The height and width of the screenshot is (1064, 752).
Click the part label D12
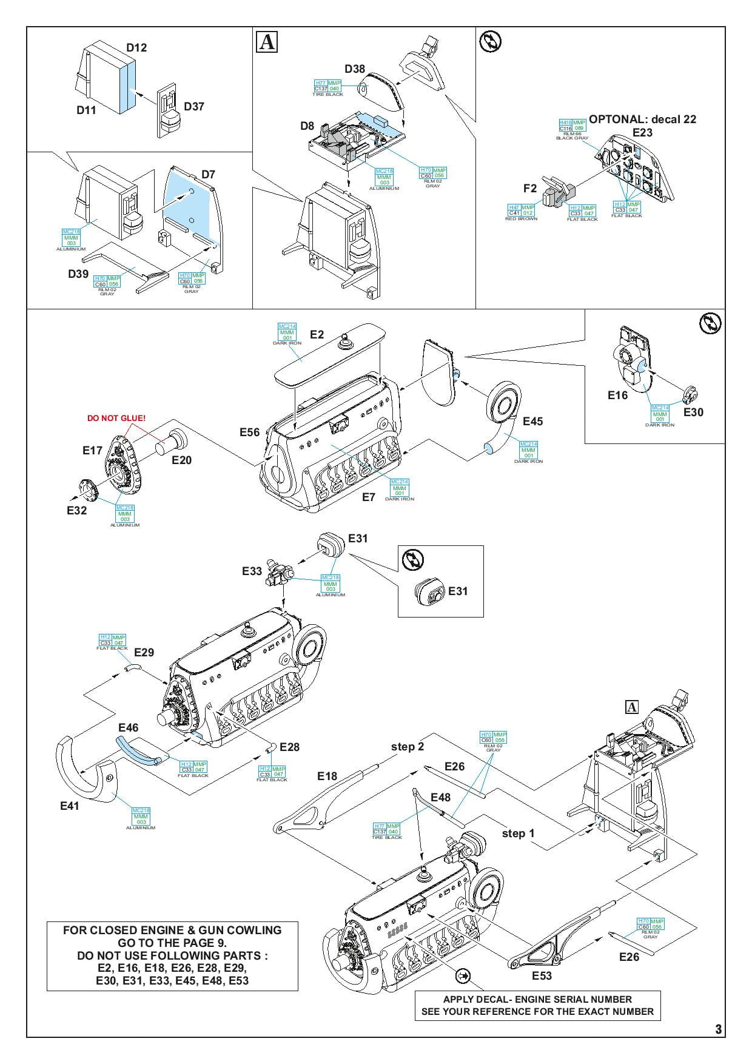pyautogui.click(x=136, y=47)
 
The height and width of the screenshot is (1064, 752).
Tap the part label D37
pyautogui.click(x=194, y=106)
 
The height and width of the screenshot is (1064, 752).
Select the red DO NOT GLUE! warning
pyautogui.click(x=116, y=419)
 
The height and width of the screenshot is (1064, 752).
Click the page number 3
pyautogui.click(x=719, y=1029)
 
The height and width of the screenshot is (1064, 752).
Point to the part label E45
pyautogui.click(x=532, y=421)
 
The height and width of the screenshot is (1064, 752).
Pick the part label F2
pyautogui.click(x=530, y=188)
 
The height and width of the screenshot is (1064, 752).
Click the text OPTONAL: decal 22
pyautogui.click(x=643, y=119)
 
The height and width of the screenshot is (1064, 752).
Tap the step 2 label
pyautogui.click(x=408, y=746)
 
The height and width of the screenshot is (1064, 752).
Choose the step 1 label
pyautogui.click(x=519, y=833)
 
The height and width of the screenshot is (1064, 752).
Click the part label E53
pyautogui.click(x=542, y=975)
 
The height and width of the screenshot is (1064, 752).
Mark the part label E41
pyautogui.click(x=70, y=806)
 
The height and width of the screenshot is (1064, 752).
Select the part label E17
pyautogui.click(x=93, y=450)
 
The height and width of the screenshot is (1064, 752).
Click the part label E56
pyautogui.click(x=249, y=432)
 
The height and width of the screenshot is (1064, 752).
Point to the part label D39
pyautogui.click(x=78, y=274)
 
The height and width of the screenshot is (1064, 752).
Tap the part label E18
pyautogui.click(x=327, y=776)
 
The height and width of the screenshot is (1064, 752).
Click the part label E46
pyautogui.click(x=129, y=727)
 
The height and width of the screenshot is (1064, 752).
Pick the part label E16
pyautogui.click(x=618, y=395)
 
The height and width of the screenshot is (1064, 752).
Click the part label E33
pyautogui.click(x=252, y=571)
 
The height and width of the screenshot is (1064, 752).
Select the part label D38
pyautogui.click(x=355, y=69)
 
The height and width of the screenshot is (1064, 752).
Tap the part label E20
pyautogui.click(x=181, y=460)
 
